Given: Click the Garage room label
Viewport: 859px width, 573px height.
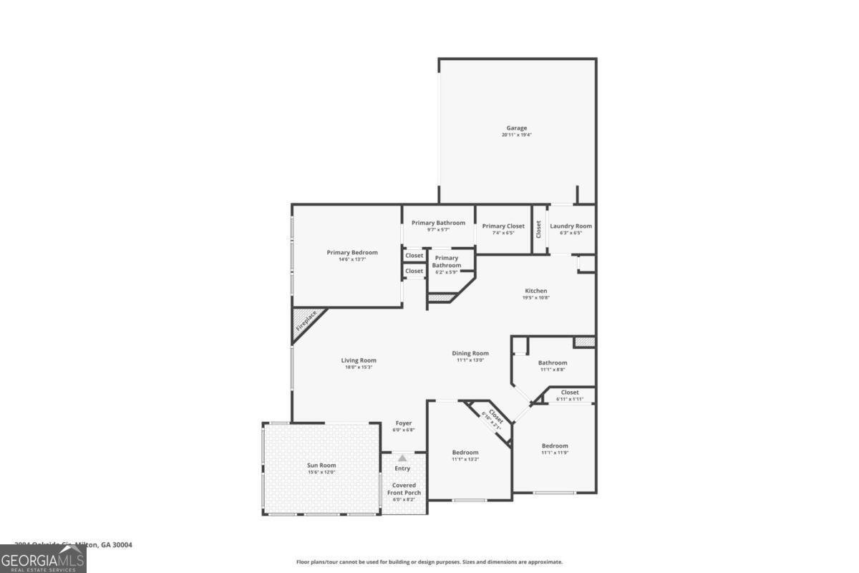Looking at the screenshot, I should (x=516, y=128).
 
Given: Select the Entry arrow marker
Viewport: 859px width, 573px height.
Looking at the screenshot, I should (x=402, y=458).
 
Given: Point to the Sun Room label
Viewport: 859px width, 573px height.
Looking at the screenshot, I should (x=321, y=466).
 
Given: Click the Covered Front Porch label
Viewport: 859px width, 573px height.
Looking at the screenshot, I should (x=403, y=489).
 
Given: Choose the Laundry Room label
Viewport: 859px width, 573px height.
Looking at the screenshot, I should (x=571, y=226).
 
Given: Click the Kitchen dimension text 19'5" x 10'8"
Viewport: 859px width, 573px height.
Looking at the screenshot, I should (x=536, y=297).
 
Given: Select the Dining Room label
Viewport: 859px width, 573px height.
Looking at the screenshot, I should (x=470, y=353).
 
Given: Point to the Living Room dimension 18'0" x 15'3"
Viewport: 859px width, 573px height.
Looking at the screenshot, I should (x=359, y=367).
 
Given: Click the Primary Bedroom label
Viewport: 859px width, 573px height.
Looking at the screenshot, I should (x=352, y=252).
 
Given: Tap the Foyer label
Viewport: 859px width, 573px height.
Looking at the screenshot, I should (x=403, y=423).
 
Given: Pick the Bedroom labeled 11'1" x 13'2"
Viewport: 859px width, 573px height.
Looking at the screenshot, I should (x=465, y=453).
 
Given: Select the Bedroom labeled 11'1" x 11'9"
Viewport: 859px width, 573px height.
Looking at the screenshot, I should (x=555, y=446).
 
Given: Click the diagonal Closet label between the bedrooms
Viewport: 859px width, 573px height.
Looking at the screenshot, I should (x=494, y=417).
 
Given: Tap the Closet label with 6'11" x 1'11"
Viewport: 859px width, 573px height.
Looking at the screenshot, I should (x=570, y=393).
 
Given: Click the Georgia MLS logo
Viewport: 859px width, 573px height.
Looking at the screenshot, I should (x=43, y=559).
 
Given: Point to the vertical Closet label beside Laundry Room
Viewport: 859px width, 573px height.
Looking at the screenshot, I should (x=539, y=228).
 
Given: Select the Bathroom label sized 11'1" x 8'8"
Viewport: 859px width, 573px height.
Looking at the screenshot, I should (x=553, y=363).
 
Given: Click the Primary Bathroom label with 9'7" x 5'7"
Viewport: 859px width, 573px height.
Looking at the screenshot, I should (x=438, y=223).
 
